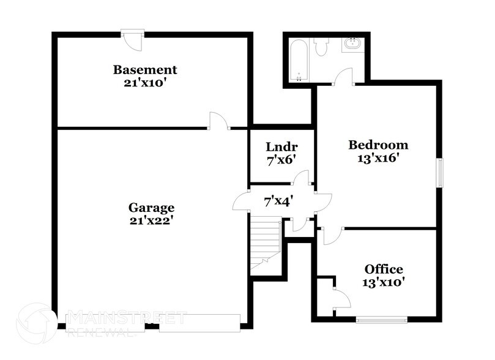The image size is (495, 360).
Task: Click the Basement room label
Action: [x=145, y=70]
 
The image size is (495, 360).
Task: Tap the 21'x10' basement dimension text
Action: [x=145, y=82]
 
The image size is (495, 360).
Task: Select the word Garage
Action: [x=151, y=208]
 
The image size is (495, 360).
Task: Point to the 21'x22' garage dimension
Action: [x=151, y=220]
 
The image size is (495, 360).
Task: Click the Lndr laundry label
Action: [x=281, y=147]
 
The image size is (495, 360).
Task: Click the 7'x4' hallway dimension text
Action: [x=278, y=200]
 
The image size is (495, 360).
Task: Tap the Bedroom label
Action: [x=378, y=145]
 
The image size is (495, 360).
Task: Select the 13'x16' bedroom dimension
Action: [x=378, y=157]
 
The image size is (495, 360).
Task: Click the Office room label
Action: [x=384, y=269]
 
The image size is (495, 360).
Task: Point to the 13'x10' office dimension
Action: [x=384, y=282]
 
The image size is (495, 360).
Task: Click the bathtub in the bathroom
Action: [x=299, y=60]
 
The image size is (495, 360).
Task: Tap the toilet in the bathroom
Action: [x=321, y=47]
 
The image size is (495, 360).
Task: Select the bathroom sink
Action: [x=353, y=45]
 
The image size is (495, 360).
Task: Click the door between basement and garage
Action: [x=218, y=122]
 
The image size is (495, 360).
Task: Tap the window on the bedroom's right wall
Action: [x=439, y=173]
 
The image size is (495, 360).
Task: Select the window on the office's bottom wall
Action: [x=382, y=319]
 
